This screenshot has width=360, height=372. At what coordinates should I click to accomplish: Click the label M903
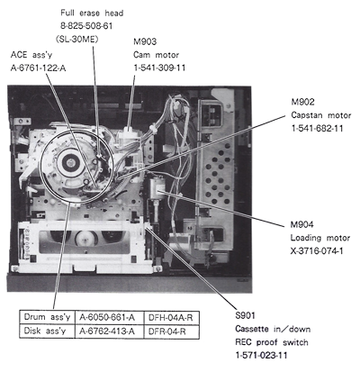(x=146, y=41)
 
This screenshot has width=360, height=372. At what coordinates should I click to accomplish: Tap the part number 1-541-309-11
(x=164, y=67)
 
